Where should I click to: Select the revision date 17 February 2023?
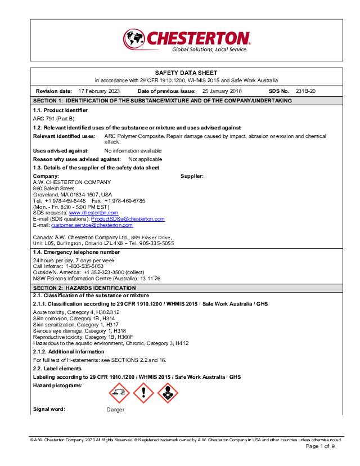coord(99,91)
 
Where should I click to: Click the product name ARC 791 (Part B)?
coord(53,119)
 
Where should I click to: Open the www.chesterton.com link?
coord(93,213)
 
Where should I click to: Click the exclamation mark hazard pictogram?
coord(143,393)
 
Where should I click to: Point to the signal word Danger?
coord(115,410)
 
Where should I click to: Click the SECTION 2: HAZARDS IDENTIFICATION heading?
coord(84,288)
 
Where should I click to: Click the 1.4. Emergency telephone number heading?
coord(76,252)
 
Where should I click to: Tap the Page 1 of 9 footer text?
coord(320,446)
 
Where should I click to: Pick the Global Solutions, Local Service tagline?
coord(209,50)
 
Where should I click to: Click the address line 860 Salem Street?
coord(53,188)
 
